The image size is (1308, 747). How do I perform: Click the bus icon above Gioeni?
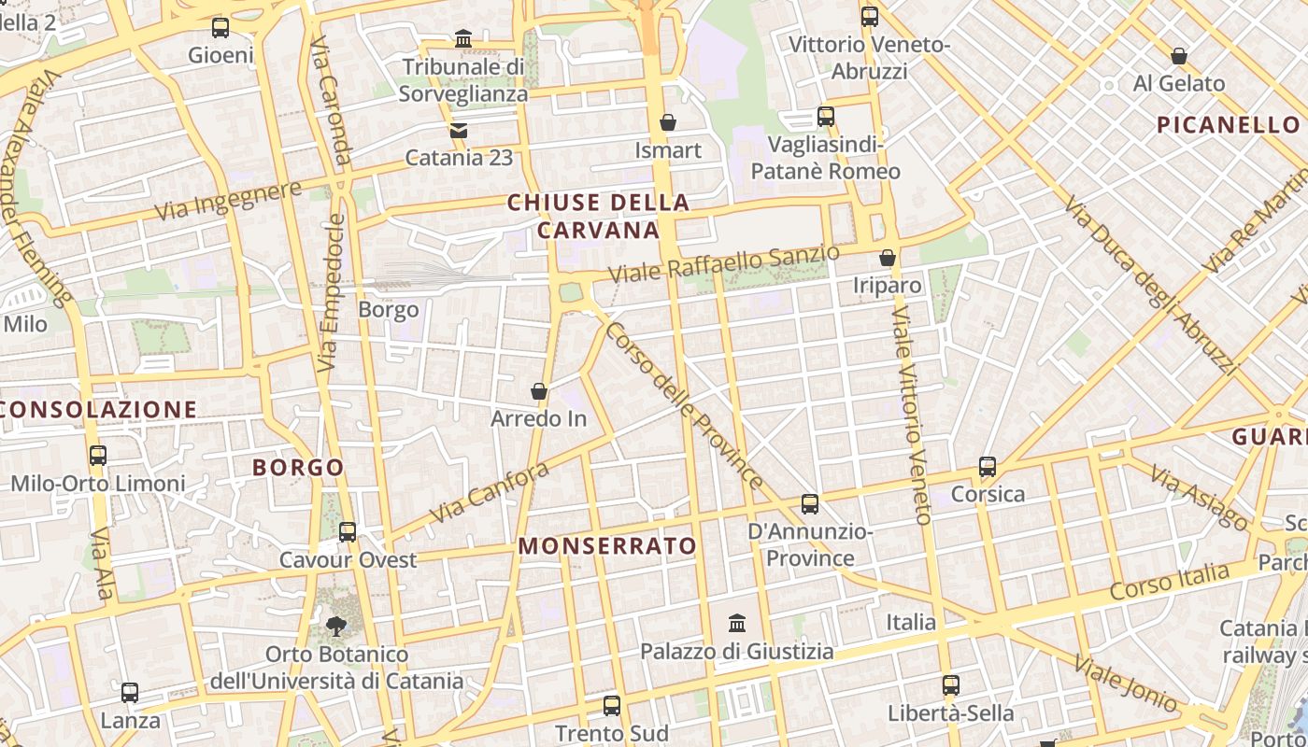[220, 28]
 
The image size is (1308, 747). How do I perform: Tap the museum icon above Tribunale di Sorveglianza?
[462, 39]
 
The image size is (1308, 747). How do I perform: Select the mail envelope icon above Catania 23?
[458, 131]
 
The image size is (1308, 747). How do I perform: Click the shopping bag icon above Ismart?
[667, 122]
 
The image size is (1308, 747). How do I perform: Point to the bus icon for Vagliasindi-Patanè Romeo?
[825, 117]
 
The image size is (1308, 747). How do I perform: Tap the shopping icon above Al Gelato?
[1178, 56]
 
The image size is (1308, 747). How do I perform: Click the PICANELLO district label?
[1227, 124]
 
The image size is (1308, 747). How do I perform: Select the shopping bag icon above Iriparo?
[887, 258]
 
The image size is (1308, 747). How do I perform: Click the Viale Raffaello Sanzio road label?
[724, 264]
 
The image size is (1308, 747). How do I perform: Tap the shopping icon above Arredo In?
[538, 391]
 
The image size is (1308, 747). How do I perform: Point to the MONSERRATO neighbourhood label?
[607, 546]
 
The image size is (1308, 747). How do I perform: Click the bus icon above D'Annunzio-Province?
[809, 504]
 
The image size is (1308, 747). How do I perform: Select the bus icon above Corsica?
[988, 467]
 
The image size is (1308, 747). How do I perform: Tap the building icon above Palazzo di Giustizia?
[737, 623]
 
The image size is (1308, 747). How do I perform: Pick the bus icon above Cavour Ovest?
[348, 532]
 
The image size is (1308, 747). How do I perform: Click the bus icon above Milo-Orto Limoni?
[98, 456]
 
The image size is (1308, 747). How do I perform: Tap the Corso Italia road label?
[1169, 582]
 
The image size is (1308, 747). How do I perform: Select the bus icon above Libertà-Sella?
[950, 685]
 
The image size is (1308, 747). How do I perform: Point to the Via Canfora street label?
[489, 493]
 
